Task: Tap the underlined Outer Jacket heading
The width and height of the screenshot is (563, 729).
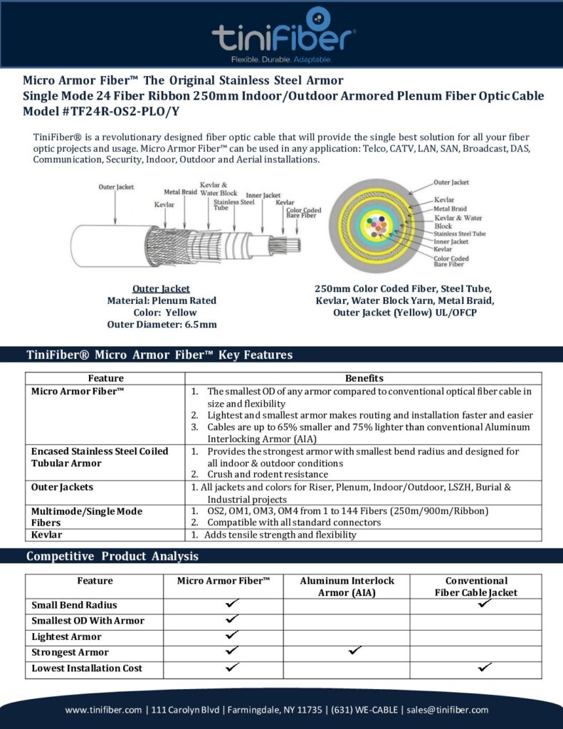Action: pyautogui.click(x=162, y=288)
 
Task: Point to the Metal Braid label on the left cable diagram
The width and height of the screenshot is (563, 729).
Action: pyautogui.click(x=180, y=192)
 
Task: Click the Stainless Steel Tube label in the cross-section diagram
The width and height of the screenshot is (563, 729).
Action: pyautogui.click(x=459, y=234)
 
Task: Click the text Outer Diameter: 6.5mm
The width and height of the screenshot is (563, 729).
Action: pyautogui.click(x=162, y=325)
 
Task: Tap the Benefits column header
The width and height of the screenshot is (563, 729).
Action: pyautogui.click(x=364, y=378)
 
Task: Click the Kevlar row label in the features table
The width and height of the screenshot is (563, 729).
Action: pyautogui.click(x=47, y=535)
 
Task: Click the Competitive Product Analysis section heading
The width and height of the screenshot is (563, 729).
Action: pyautogui.click(x=112, y=556)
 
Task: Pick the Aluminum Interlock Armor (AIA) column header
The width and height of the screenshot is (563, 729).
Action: pyautogui.click(x=347, y=587)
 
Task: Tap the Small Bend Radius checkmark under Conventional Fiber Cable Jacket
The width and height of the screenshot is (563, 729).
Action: pyautogui.click(x=485, y=603)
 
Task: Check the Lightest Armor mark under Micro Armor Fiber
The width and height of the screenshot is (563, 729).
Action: pyautogui.click(x=231, y=634)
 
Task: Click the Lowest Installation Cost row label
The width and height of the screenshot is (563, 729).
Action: pyautogui.click(x=87, y=668)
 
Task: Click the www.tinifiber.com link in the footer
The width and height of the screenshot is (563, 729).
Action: pyautogui.click(x=104, y=710)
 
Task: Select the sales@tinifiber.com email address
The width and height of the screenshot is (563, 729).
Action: pyautogui.click(x=448, y=710)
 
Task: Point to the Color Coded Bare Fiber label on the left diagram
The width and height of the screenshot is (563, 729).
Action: pyautogui.click(x=303, y=213)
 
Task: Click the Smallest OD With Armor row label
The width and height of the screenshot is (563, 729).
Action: pyautogui.click(x=88, y=621)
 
